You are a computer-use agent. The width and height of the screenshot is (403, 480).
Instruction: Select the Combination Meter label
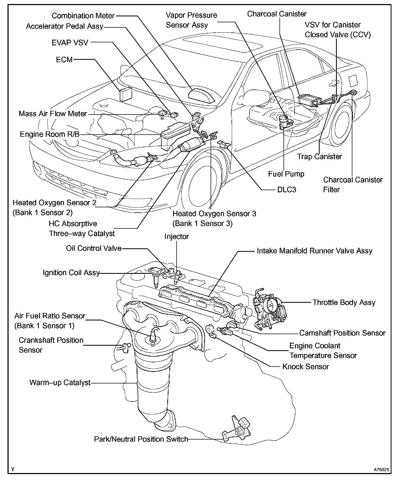[83, 16]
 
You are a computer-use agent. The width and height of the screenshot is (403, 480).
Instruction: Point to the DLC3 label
[286, 190]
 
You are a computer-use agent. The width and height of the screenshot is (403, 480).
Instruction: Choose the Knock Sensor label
[305, 367]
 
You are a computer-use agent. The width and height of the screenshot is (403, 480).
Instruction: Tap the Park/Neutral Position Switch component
[237, 432]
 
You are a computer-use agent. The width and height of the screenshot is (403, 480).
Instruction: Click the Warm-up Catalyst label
[60, 382]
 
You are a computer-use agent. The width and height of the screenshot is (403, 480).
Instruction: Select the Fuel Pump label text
[286, 174]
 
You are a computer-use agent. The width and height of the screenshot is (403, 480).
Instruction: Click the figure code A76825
[382, 470]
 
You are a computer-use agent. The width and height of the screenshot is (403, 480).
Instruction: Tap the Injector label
[177, 237]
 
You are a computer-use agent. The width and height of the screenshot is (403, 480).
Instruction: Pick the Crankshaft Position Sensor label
[51, 345]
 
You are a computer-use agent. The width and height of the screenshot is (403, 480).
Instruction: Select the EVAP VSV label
[70, 43]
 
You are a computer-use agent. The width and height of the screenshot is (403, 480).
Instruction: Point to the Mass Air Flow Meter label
[53, 114]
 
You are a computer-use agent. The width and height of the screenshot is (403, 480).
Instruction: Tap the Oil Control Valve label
[94, 248]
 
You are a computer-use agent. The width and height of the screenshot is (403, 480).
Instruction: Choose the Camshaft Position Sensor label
[342, 333]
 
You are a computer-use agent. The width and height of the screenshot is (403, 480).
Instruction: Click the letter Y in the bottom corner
[13, 469]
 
